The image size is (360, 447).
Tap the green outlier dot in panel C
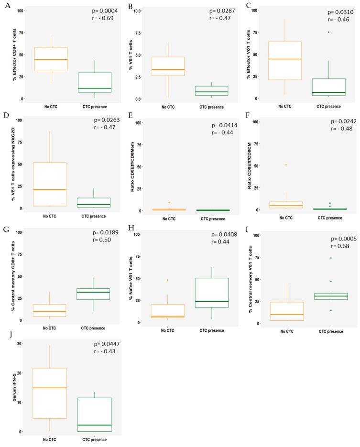pos(328,32)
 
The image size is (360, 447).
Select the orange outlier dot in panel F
pos(285,164)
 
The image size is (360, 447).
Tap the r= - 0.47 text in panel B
pos(220,18)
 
